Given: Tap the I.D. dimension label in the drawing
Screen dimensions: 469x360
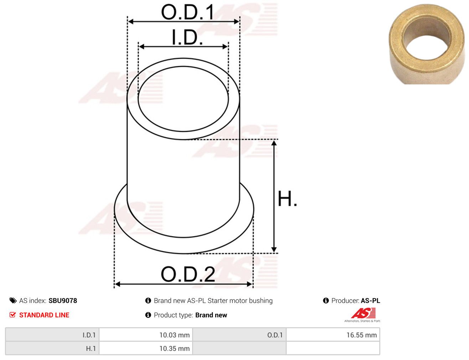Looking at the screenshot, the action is (187, 37).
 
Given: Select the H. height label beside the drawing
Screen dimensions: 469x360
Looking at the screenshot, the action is (287, 199).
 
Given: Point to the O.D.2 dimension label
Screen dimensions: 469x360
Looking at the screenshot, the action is (188, 274).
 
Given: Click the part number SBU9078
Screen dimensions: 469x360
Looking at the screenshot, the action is (63, 301).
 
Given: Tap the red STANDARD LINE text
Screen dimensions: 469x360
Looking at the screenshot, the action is (44, 315).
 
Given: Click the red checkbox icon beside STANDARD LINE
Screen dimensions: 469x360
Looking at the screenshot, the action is (12, 315).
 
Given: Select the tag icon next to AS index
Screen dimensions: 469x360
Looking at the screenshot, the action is (13, 301).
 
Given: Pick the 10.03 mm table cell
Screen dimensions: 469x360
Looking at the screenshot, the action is (146, 335).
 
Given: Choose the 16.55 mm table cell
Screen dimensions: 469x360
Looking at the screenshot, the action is (333, 335).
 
